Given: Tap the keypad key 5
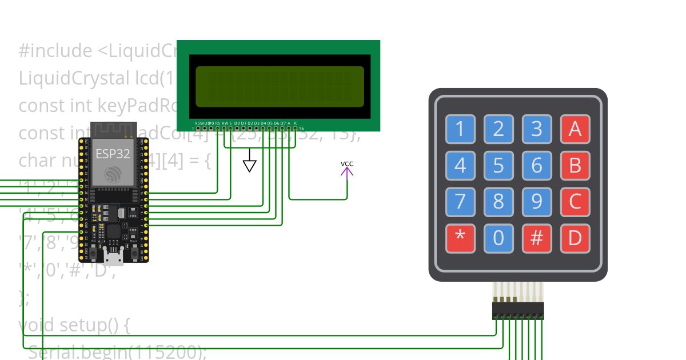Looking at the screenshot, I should (x=498, y=165).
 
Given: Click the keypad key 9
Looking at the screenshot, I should (x=537, y=201).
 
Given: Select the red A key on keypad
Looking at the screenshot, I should (x=575, y=130).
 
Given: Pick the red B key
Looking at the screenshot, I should (x=575, y=165).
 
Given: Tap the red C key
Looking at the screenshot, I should (x=575, y=201).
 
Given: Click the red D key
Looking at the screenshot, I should (x=575, y=238).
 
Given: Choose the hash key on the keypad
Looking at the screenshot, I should (x=537, y=238).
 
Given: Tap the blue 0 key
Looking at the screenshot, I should (x=498, y=238).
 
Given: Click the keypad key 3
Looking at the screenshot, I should (x=537, y=130).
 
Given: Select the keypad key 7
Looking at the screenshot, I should (x=460, y=201).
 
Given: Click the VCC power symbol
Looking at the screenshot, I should (x=347, y=169).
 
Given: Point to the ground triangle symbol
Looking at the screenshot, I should (x=249, y=166).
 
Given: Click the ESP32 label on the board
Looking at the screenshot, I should (x=113, y=154).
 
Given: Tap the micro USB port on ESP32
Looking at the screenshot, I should (x=115, y=258).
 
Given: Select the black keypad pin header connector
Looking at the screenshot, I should (x=518, y=311).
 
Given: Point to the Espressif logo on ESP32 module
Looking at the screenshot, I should (x=113, y=175).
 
